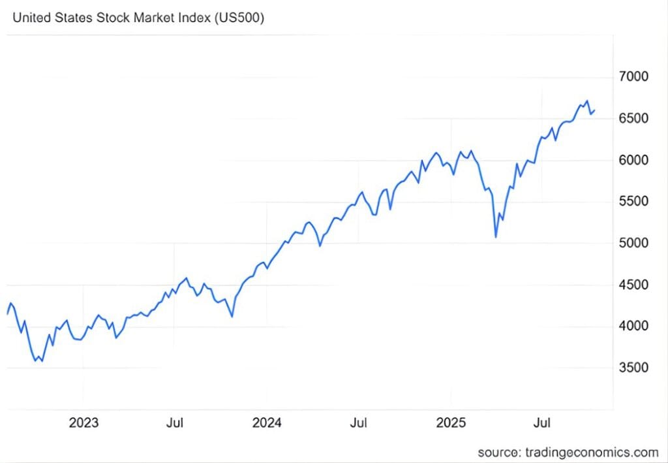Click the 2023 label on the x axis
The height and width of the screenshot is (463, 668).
[83, 423]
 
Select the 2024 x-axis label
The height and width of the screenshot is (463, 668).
[267, 423]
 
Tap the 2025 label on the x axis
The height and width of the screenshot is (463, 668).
[451, 423]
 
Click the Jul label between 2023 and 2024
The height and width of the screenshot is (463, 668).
[174, 423]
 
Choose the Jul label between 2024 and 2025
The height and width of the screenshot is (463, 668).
[358, 423]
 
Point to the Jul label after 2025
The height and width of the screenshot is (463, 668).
[541, 423]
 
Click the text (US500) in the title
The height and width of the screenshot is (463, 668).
[239, 18]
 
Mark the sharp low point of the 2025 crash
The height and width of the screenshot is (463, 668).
[496, 237]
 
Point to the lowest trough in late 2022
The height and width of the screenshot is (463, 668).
[42, 361]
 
